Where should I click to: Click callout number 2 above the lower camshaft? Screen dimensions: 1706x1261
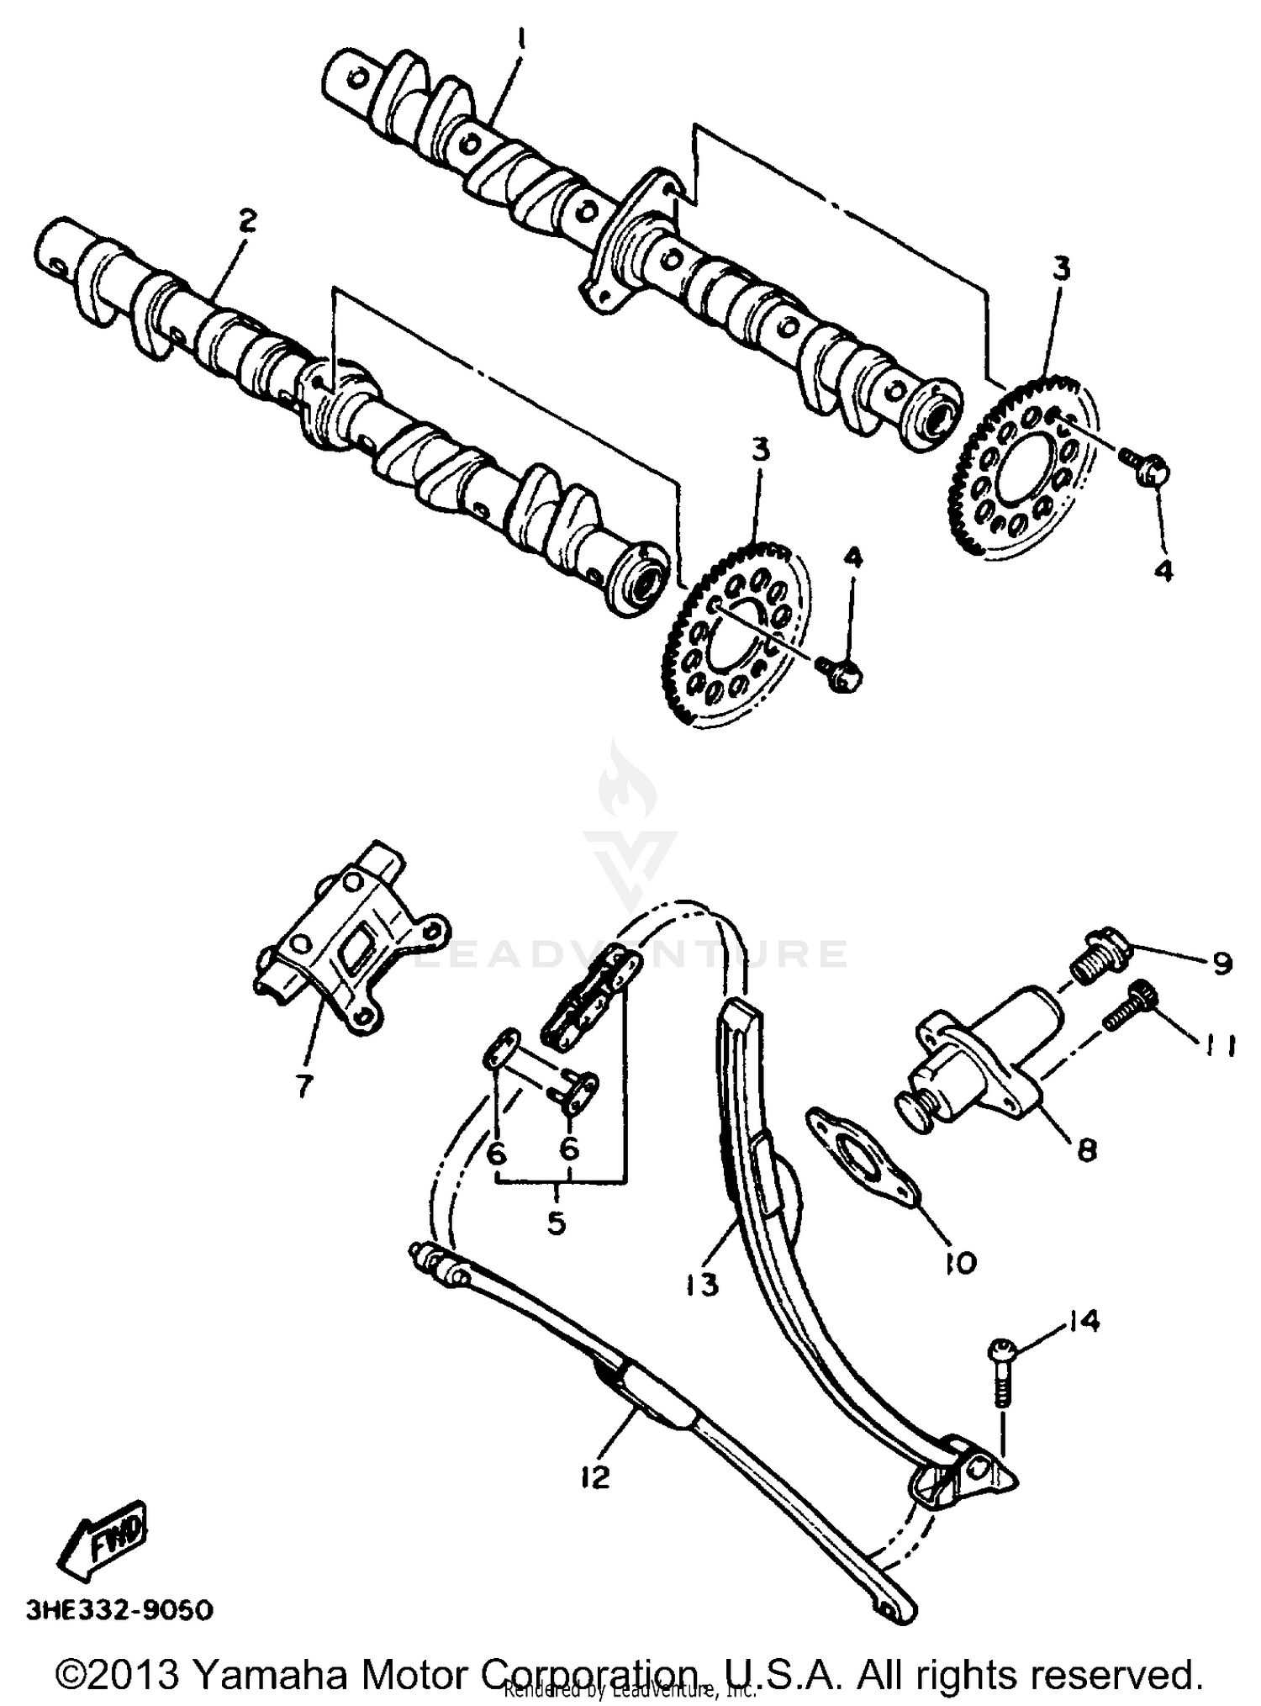[x=245, y=222]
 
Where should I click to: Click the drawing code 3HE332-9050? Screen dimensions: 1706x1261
[x=119, y=1610]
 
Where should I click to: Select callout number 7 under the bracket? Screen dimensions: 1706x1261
[x=303, y=1085]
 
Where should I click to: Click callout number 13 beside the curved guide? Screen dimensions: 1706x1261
[x=702, y=1284]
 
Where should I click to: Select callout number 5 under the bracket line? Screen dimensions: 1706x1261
[x=557, y=1222]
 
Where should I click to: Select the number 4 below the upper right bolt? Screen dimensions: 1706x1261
[x=1163, y=570]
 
